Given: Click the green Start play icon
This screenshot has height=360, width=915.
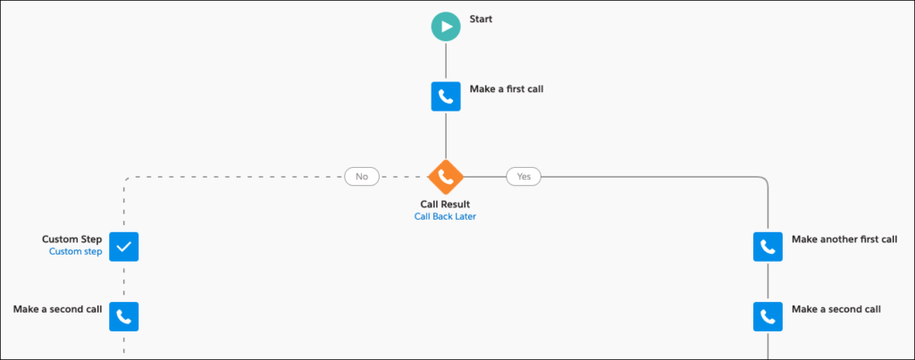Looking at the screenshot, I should [445, 27].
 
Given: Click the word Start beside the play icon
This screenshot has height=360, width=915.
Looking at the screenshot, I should [483, 19].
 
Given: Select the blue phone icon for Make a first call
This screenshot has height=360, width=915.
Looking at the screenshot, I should [445, 96].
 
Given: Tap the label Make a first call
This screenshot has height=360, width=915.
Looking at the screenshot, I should [506, 89].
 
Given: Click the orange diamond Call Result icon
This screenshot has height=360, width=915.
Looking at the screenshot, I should [445, 176].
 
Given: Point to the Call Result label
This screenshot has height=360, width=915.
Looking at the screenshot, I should [445, 204].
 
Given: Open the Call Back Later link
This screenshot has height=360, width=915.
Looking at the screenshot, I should [445, 216].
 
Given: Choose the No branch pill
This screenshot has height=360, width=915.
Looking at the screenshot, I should [362, 177].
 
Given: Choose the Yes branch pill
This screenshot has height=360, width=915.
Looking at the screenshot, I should [524, 177].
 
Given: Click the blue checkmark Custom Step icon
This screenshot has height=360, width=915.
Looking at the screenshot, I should [124, 247].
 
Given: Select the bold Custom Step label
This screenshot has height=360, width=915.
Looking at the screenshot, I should [72, 239].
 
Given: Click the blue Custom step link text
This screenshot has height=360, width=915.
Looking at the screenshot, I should [76, 252].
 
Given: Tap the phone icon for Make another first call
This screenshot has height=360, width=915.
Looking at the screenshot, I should [768, 247].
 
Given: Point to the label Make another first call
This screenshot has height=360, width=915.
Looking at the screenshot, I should [844, 239].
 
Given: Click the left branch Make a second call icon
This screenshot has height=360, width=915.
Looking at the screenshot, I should [124, 315].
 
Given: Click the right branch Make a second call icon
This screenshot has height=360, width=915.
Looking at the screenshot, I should [768, 315].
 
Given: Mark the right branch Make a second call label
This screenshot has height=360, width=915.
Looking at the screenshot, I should [836, 309].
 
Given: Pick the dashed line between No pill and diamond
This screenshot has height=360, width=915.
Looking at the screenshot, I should [404, 177].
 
